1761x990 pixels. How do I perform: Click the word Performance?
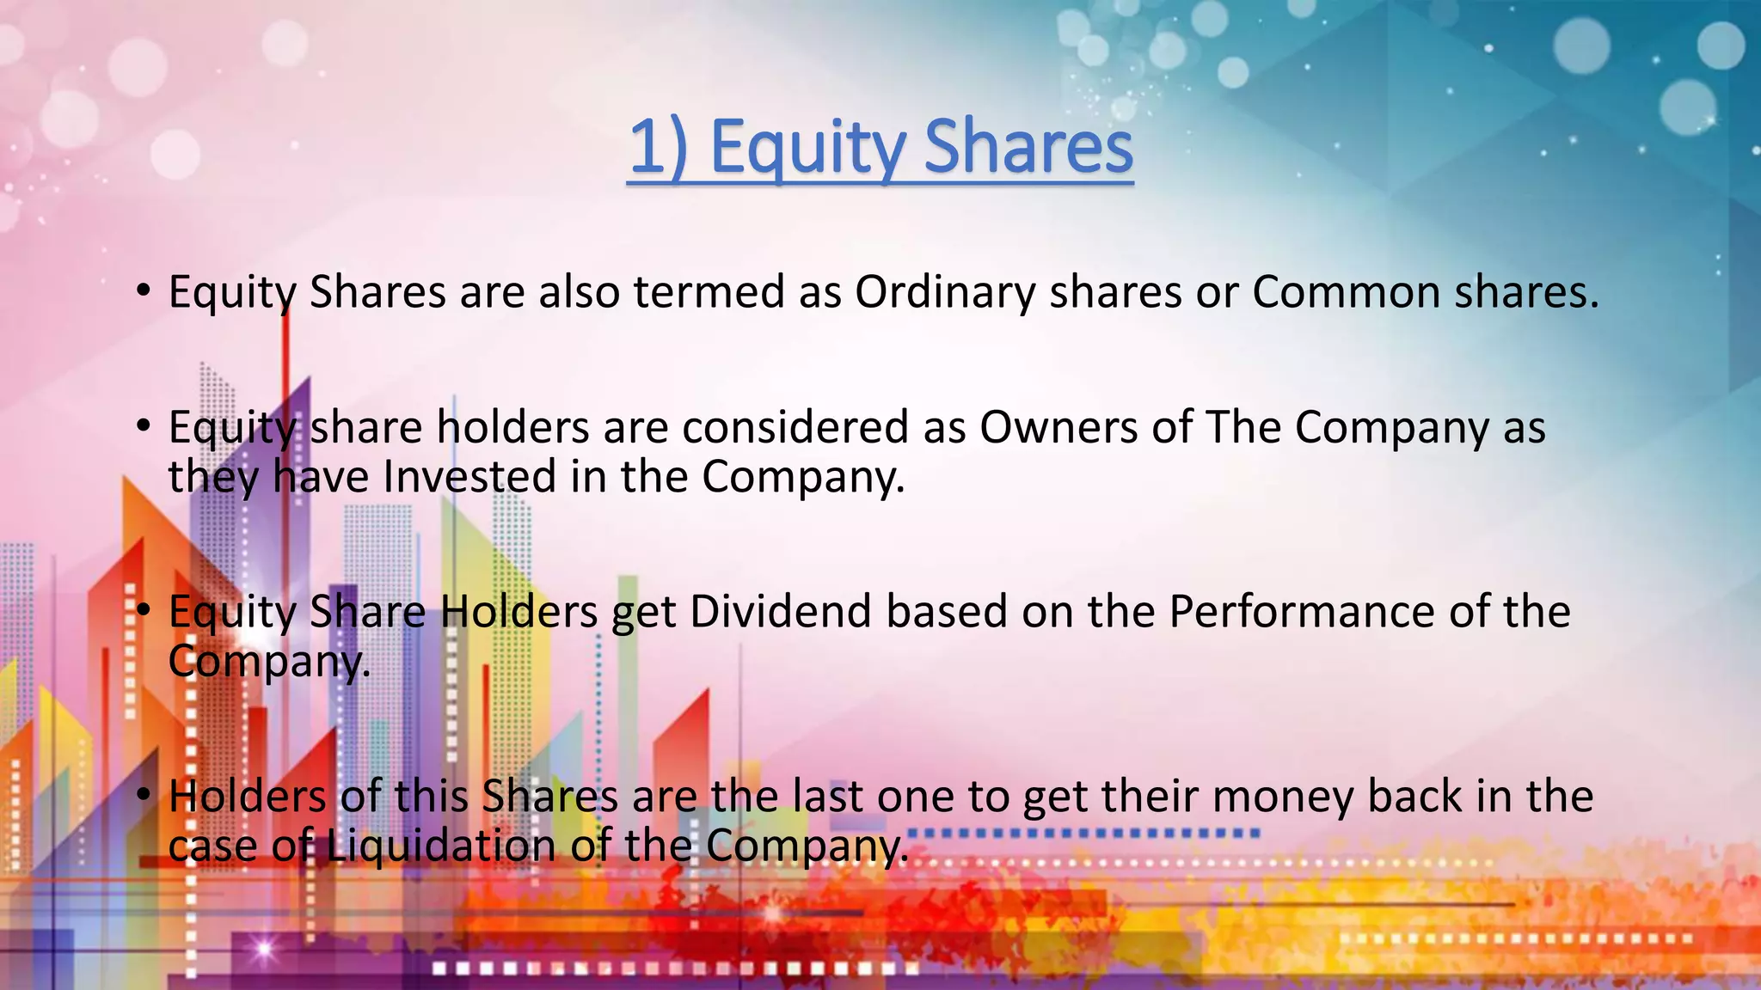(1301, 612)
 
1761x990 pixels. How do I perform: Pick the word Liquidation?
(441, 846)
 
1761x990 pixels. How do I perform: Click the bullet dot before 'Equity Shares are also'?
(144, 290)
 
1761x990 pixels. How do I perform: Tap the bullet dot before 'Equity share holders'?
(144, 425)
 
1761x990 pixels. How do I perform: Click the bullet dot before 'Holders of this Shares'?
(144, 795)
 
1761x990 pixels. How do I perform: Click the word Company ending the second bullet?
(802, 479)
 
